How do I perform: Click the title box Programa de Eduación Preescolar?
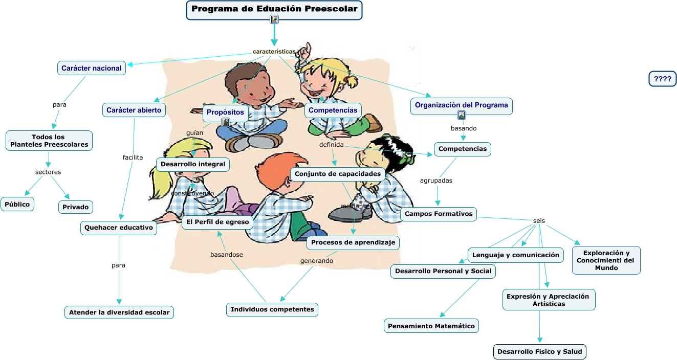(274, 9)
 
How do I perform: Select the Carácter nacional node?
(91, 68)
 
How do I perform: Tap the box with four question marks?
(663, 79)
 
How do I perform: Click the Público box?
(17, 204)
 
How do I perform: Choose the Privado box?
(76, 207)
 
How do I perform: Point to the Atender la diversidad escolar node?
(119, 312)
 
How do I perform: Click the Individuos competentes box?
(272, 309)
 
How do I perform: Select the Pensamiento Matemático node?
(431, 326)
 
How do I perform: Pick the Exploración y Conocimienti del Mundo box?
(606, 260)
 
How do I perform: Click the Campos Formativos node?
(439, 214)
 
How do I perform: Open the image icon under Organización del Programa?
(462, 116)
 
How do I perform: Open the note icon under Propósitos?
(226, 122)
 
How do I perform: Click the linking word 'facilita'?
(133, 157)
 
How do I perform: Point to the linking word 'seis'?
(539, 221)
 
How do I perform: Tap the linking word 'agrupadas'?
(436, 181)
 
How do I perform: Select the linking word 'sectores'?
(48, 172)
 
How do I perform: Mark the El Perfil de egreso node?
(217, 222)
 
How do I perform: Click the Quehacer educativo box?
(119, 228)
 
